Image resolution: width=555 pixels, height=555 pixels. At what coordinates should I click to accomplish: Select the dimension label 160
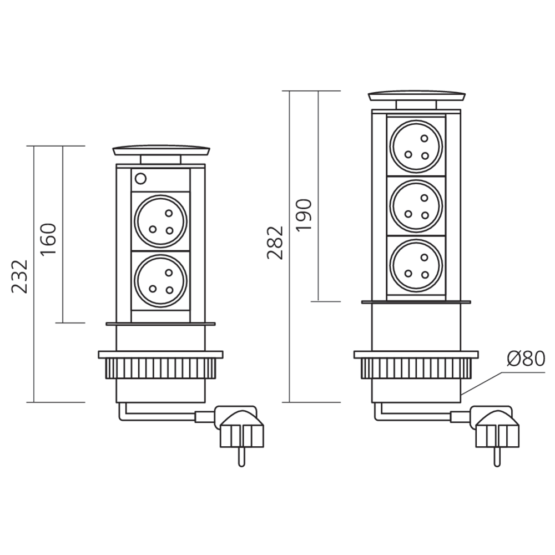coord(49,239)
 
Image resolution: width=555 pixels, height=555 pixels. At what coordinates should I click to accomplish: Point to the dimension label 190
coord(305,214)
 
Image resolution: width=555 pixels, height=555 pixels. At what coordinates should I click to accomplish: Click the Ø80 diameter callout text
coord(526,359)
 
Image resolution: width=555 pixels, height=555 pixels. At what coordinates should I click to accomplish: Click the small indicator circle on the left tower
coord(140,179)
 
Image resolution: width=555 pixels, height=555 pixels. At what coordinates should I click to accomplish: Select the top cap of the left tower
coord(162,150)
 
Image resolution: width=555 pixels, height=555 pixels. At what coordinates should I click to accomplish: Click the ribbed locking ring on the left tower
coord(161,369)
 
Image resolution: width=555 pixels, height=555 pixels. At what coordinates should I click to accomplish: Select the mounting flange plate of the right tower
coord(416,354)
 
